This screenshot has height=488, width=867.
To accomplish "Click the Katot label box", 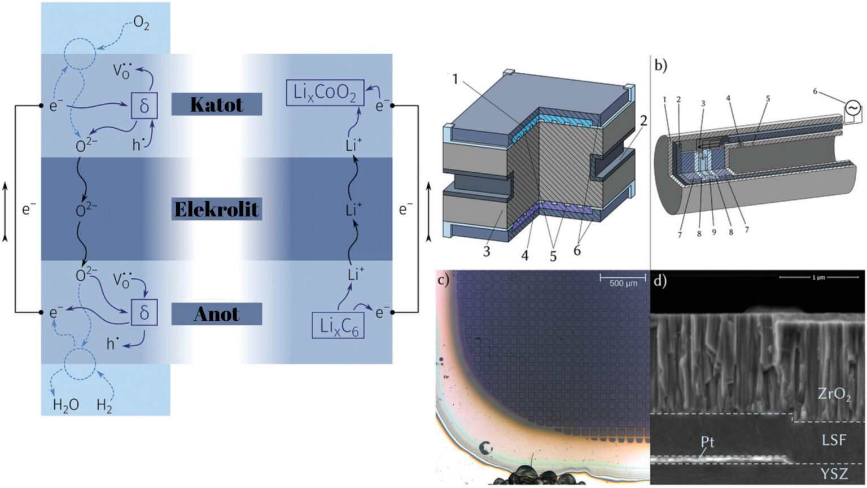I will pos(216,104).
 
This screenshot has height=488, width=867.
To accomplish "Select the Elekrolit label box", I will pos(216,210).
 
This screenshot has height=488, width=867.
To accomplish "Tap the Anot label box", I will pos(216,314).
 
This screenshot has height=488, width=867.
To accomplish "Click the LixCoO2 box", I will pos(325,93).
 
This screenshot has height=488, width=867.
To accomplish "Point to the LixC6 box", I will pos(339,326).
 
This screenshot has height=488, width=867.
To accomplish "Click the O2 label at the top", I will pos(141,23).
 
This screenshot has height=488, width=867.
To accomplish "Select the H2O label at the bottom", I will pos(65,405).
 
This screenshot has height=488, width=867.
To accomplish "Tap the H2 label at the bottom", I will pos(104,405).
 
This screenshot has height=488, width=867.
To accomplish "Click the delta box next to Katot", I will pos(144,106).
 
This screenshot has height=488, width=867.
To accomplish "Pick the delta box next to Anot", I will pos(144,312).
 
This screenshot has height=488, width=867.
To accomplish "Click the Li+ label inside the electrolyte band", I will pos(354,210).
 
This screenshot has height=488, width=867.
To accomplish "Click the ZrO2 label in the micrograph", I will pos(834,394).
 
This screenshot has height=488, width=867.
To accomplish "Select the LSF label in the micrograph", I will pos(834,439).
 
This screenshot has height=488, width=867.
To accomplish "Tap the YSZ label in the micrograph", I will pos(834,473).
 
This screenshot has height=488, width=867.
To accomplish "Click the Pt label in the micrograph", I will pos(707,441).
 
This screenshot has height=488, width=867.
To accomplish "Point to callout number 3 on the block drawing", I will pos(487,250).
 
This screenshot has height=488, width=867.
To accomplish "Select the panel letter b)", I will pos(661,65).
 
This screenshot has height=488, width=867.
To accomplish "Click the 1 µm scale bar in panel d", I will pos(811,277).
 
